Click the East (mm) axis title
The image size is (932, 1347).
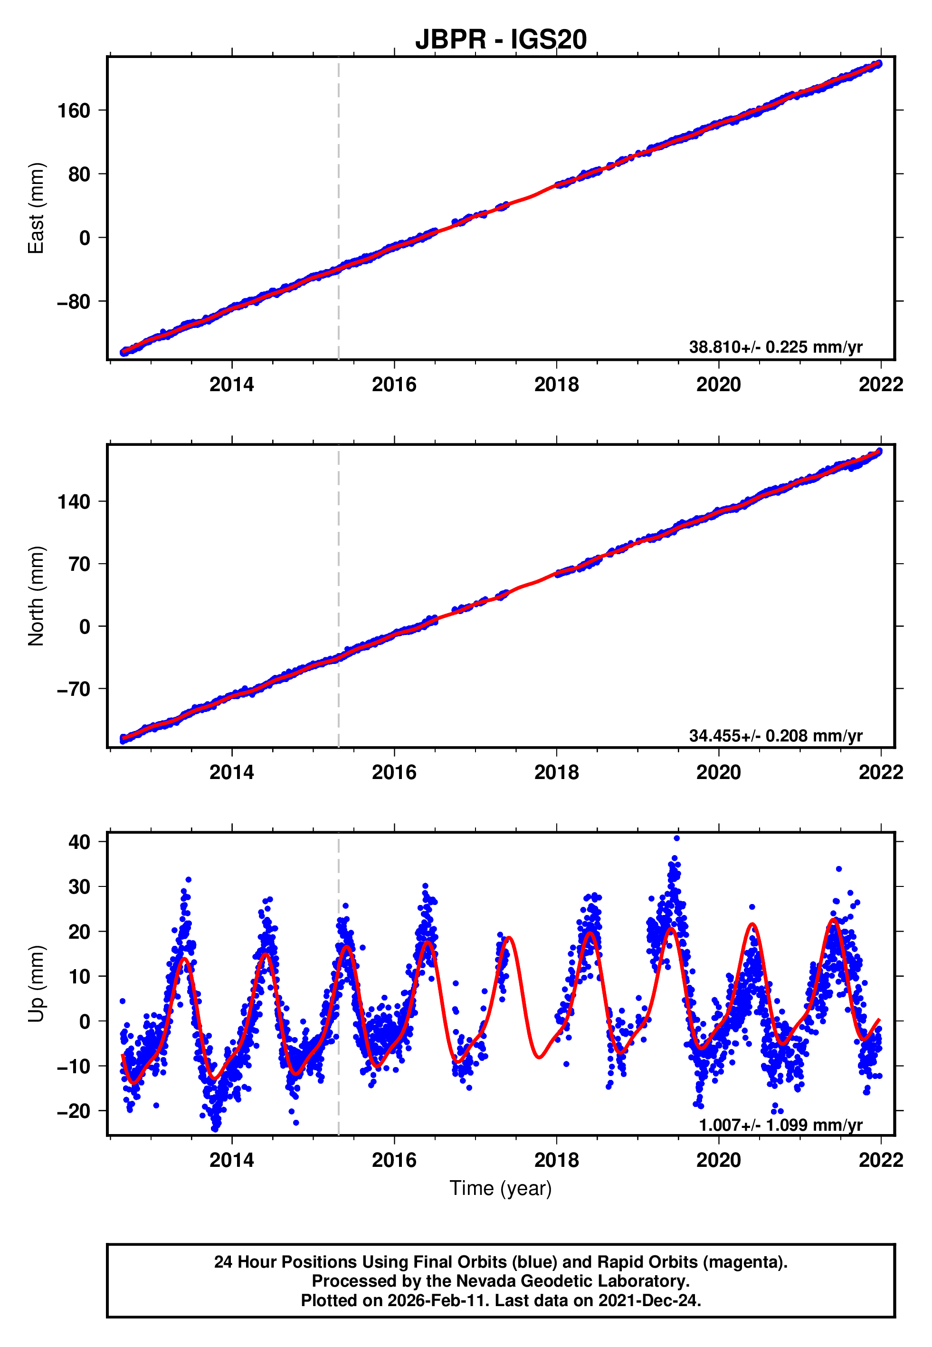pyautogui.click(x=36, y=208)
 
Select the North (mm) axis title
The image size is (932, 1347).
pyautogui.click(x=36, y=596)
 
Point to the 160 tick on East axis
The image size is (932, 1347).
pyautogui.click(x=74, y=110)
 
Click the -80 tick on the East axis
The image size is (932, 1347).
pyautogui.click(x=74, y=301)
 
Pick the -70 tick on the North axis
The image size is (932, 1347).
pyautogui.click(x=74, y=689)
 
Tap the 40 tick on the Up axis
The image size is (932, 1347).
pyautogui.click(x=79, y=842)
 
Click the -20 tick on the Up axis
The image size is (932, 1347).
pyautogui.click(x=74, y=1110)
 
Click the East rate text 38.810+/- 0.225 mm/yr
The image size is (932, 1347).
pyautogui.click(x=776, y=347)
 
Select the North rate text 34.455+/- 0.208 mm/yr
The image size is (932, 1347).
pyautogui.click(x=776, y=735)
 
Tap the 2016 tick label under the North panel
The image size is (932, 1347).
pyautogui.click(x=394, y=772)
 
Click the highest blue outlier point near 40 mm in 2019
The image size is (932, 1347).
pyautogui.click(x=676, y=838)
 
